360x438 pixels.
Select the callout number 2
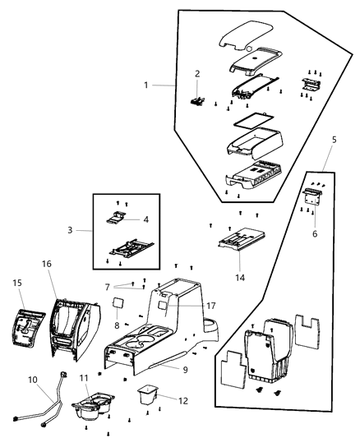[197, 74]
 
